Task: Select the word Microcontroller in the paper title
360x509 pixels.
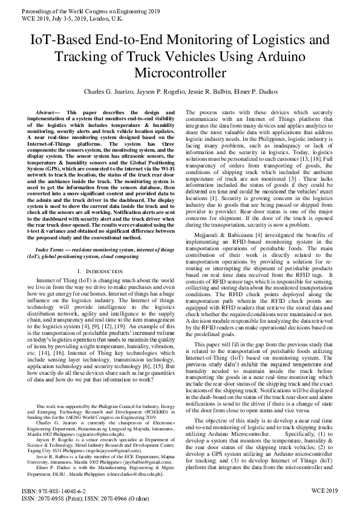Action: [180, 73]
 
